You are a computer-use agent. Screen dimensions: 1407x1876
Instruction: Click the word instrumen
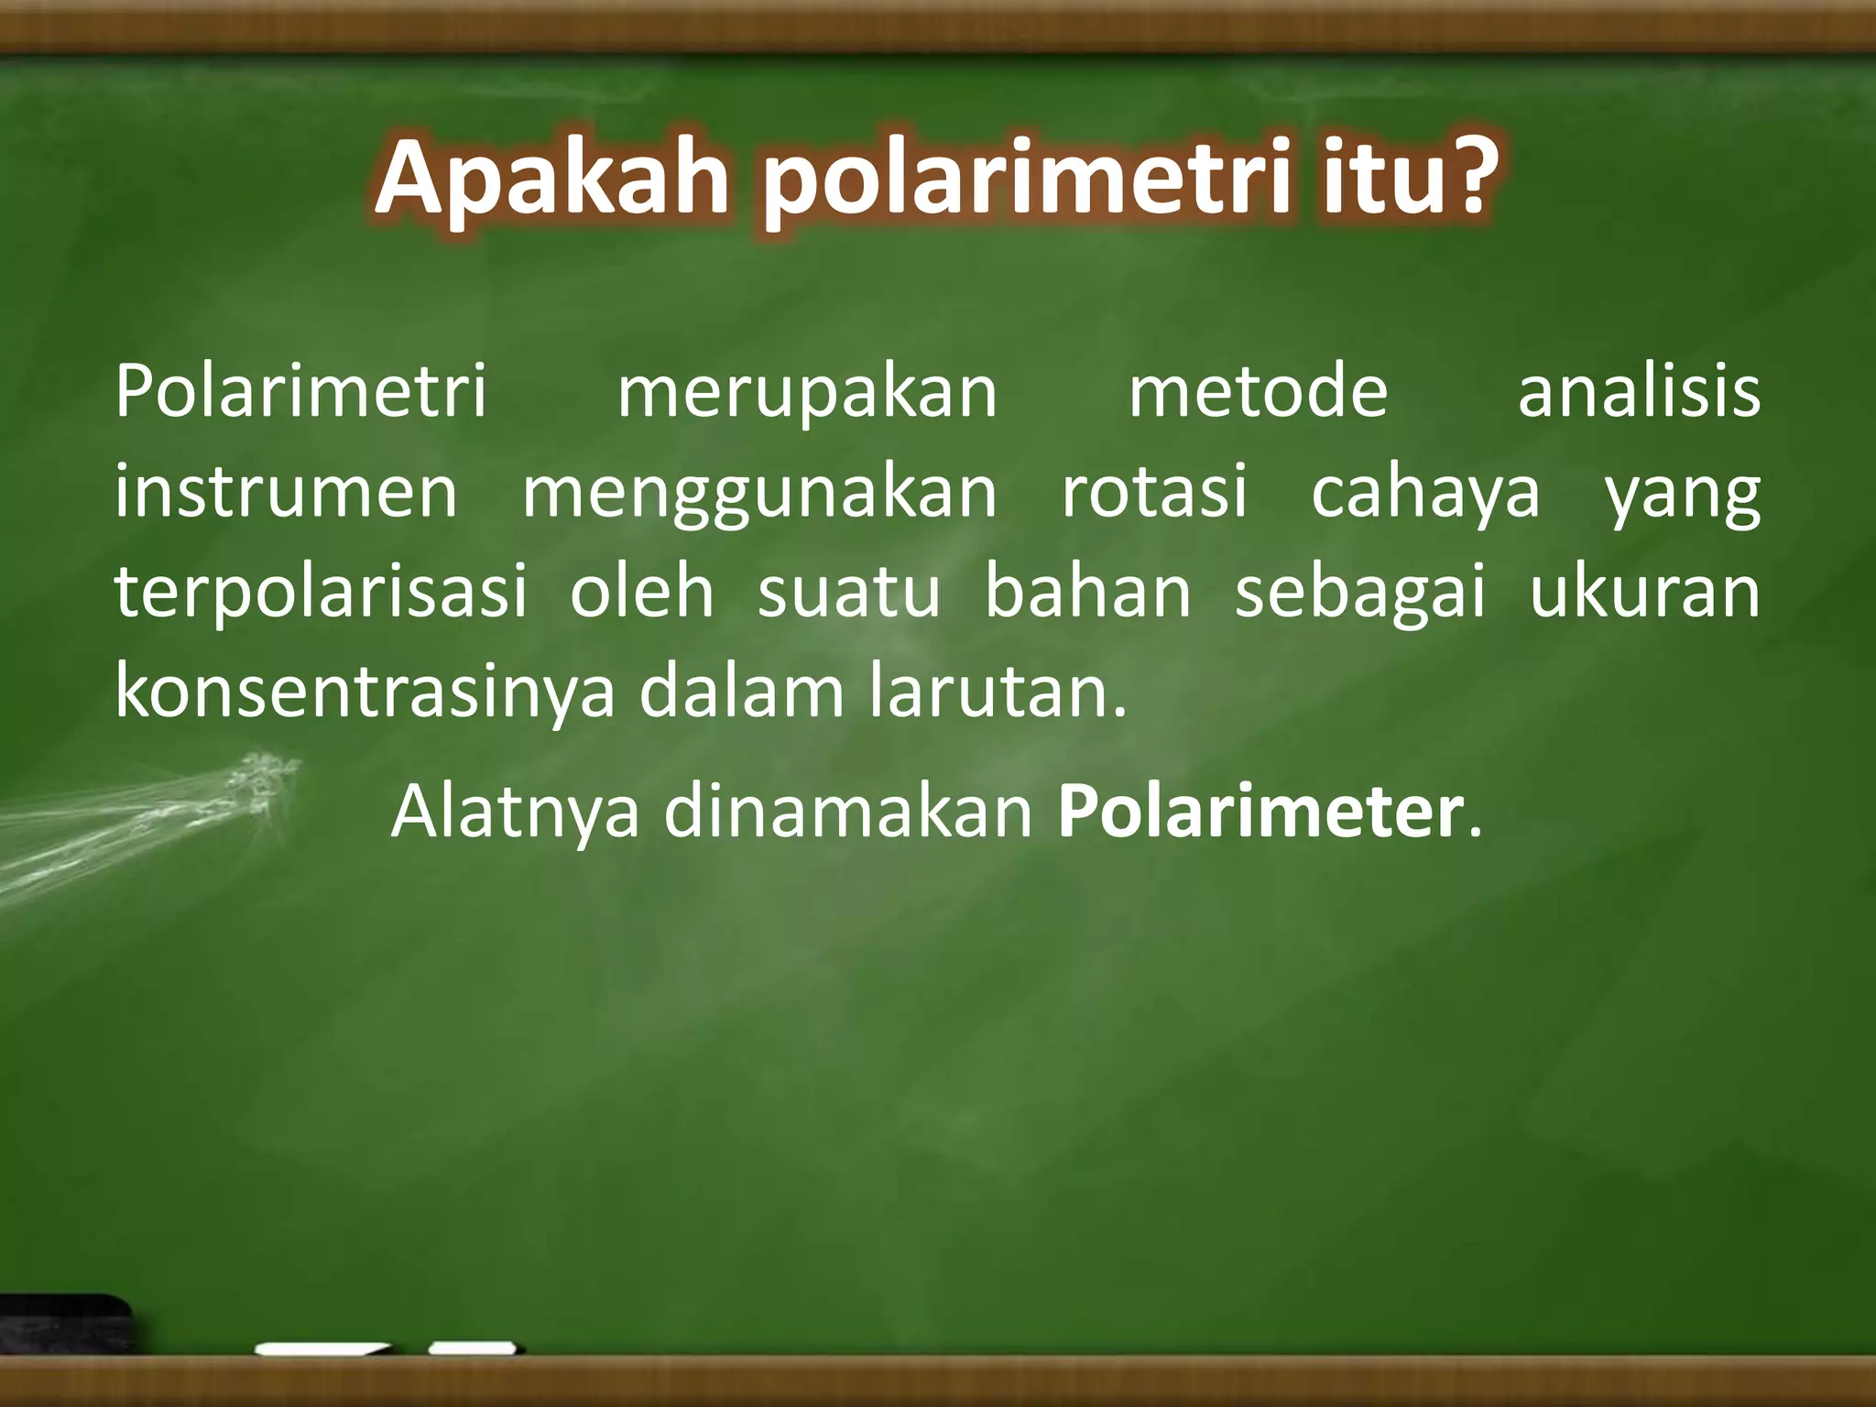pos(286,492)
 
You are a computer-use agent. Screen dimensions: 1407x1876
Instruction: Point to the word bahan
pos(1087,591)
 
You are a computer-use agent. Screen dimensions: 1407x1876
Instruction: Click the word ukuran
pos(1645,593)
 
